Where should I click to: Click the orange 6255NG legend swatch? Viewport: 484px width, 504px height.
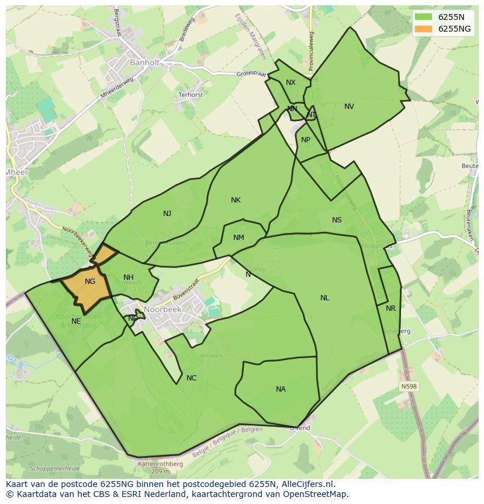click(424, 29)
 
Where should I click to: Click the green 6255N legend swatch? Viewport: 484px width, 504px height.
click(424, 17)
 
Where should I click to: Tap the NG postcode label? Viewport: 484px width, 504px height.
click(89, 282)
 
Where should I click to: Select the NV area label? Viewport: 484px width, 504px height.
click(349, 107)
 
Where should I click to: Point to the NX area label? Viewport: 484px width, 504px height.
click(291, 83)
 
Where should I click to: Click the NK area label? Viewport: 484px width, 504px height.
click(236, 200)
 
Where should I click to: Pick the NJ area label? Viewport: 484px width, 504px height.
click(167, 214)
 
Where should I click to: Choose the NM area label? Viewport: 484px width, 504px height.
click(238, 238)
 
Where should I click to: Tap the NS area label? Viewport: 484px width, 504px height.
click(337, 220)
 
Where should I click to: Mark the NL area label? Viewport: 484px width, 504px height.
click(324, 298)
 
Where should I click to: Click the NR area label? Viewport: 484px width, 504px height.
click(390, 308)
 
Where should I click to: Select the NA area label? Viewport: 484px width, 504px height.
click(281, 389)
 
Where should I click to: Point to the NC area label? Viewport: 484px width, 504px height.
click(191, 378)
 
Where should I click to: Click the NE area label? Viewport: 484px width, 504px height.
click(76, 321)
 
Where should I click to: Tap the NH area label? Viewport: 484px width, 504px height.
click(129, 277)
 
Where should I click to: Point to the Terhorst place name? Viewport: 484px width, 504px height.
click(191, 95)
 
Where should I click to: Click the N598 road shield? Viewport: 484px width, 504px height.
click(409, 386)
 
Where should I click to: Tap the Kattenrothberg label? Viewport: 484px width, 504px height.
click(160, 464)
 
